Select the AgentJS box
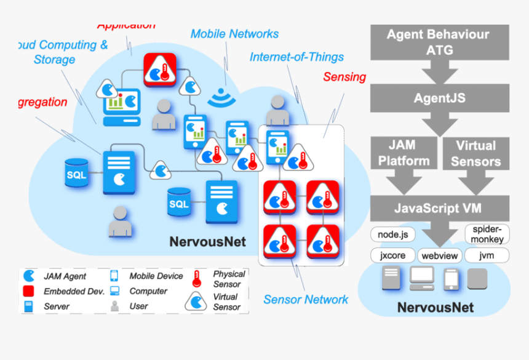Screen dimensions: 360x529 [439, 98]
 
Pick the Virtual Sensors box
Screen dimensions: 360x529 [475, 153]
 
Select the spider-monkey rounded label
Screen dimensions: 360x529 [487, 234]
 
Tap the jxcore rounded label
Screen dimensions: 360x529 [392, 255]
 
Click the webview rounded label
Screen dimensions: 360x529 [440, 256]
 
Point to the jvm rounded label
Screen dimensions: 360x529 [487, 255]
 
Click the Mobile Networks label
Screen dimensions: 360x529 [234, 34]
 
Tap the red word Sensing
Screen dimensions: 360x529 [344, 77]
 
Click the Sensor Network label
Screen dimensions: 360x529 [306, 300]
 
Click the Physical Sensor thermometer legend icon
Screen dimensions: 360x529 [197, 279]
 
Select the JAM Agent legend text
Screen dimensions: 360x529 [65, 276]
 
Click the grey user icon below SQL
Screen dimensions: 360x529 [120, 222]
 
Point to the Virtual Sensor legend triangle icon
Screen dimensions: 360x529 [196, 301]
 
